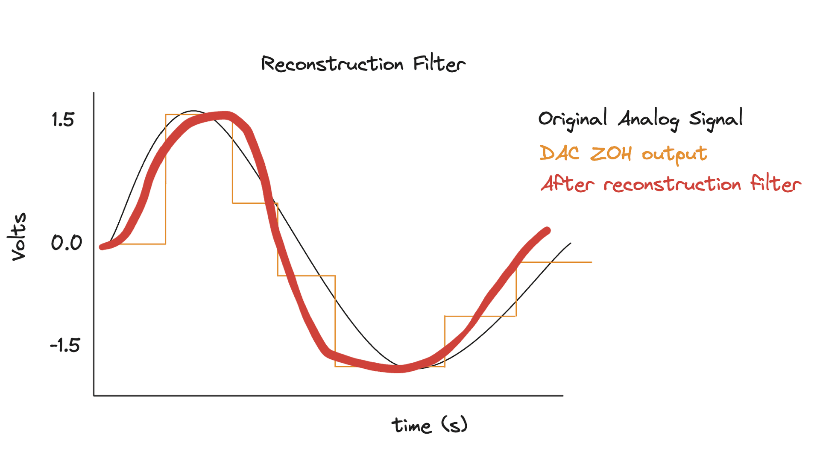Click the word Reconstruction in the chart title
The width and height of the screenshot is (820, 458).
click(332, 65)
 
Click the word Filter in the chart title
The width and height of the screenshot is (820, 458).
click(439, 65)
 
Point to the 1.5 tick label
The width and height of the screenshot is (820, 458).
click(63, 120)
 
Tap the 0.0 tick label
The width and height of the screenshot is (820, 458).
click(66, 243)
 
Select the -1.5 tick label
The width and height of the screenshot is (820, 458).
click(65, 345)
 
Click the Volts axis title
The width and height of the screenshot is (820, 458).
click(19, 236)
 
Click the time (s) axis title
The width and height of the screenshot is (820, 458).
click(429, 426)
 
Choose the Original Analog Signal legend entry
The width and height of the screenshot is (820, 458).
click(640, 119)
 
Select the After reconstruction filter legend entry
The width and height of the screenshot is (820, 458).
click(671, 184)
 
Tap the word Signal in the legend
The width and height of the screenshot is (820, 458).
click(716, 119)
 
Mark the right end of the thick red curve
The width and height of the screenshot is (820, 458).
click(547, 231)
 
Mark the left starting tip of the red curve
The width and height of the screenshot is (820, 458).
click(102, 247)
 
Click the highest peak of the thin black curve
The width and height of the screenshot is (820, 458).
click(193, 111)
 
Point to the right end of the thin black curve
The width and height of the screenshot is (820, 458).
click(571, 243)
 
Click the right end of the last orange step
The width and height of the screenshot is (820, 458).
click(592, 262)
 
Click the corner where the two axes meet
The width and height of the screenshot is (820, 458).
click(94, 396)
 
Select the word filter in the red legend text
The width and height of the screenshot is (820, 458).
click(776, 184)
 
